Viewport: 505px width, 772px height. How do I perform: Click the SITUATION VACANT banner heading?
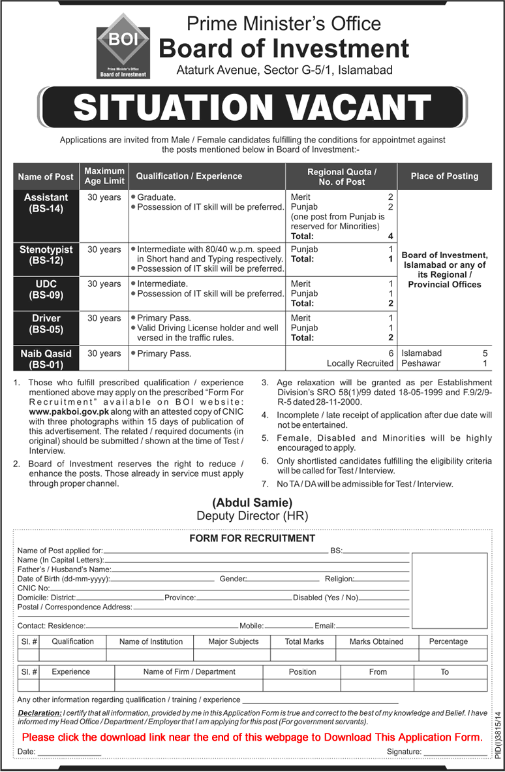coord(252,107)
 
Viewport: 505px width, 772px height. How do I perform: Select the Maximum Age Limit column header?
coord(104,176)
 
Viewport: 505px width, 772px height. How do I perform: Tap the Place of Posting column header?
coord(444,176)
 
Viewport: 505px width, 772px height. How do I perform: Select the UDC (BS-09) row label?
coord(46,289)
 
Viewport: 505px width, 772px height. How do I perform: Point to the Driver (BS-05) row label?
coord(46,323)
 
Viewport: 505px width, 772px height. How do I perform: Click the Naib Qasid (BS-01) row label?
coord(46,358)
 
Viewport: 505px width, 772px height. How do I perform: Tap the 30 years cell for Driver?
coord(104,318)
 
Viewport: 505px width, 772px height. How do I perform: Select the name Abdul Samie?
coord(252,502)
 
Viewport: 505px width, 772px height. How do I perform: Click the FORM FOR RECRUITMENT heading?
coord(252,538)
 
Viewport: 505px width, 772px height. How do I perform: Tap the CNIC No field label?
coord(34,588)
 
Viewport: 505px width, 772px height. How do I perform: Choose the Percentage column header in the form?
coord(448,641)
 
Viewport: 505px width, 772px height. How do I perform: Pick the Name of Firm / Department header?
coord(189,671)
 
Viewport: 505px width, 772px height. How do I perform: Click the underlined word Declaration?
coord(39,712)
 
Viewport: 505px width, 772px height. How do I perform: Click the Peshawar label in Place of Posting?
coord(421,363)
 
